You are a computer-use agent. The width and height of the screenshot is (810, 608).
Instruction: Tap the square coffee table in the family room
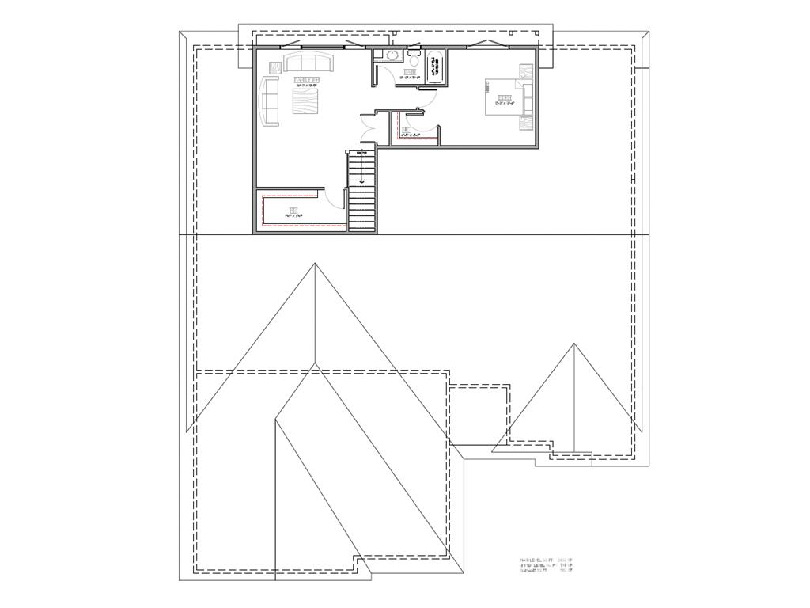[x=305, y=101]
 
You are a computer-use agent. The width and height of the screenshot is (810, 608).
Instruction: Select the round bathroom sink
[x=390, y=55]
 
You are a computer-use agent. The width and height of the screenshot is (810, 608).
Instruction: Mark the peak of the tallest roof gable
[x=315, y=264]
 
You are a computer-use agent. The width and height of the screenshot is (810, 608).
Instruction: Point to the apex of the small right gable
[x=573, y=344]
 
